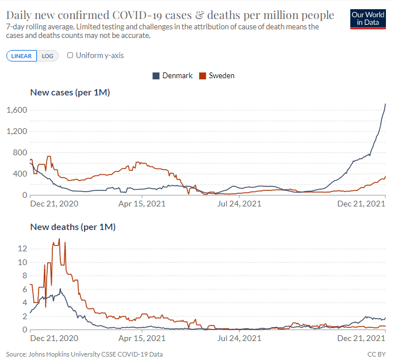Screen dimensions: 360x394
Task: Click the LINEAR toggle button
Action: [22, 56]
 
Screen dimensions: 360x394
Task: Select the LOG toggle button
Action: [47, 56]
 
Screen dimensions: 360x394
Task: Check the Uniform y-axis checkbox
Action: [70, 56]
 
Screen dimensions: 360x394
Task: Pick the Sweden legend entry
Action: [216, 75]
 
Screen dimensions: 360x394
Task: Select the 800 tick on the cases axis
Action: [18, 152]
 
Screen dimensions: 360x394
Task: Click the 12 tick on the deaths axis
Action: [22, 248]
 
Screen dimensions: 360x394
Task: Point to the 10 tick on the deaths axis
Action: [22, 262]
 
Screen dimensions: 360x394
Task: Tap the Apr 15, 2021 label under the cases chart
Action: [142, 204]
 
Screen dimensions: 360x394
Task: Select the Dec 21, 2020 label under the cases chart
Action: [54, 204]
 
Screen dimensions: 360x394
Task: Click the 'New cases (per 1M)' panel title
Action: [70, 92]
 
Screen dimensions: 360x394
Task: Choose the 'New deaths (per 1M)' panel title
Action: [73, 227]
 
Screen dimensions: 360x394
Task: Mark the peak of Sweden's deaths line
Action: [59, 239]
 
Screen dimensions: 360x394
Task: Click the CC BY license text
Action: [376, 354]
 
